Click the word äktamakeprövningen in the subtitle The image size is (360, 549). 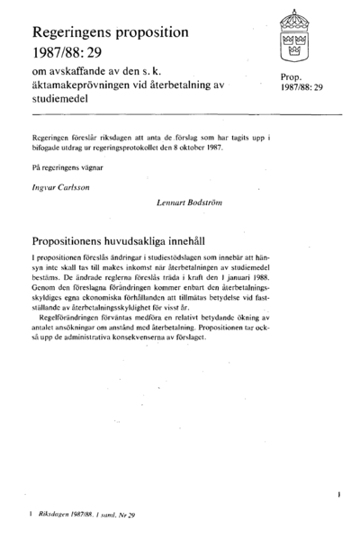point(78,84)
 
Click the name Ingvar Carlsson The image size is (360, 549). point(60,188)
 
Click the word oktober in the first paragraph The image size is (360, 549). point(189,147)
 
